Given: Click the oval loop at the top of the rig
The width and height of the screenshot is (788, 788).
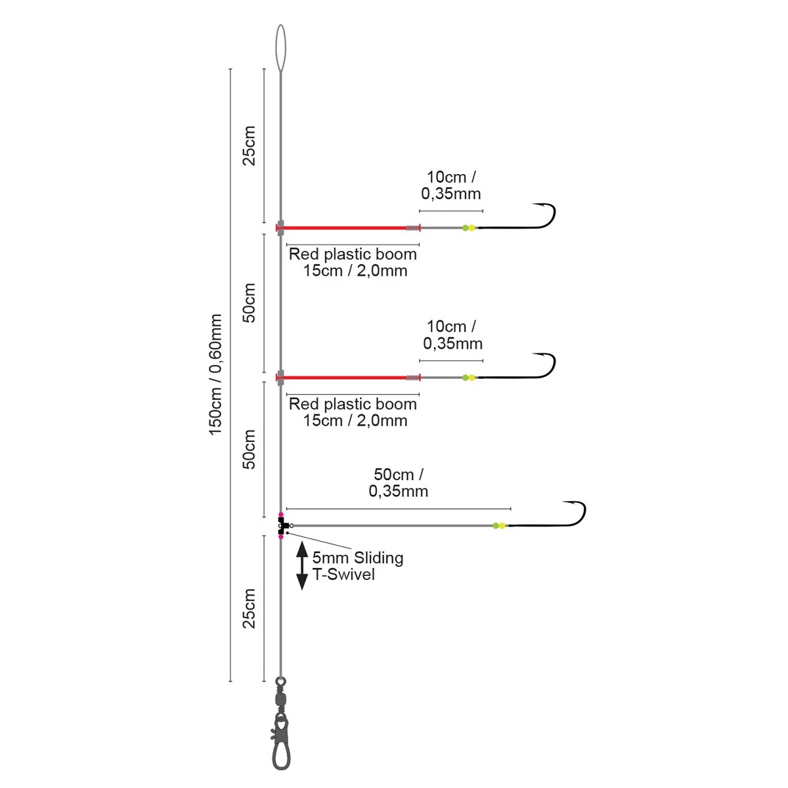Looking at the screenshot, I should (x=281, y=49).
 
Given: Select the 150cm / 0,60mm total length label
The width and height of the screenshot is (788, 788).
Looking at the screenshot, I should (x=216, y=374).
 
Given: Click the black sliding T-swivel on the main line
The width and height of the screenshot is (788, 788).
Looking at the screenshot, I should (x=282, y=525).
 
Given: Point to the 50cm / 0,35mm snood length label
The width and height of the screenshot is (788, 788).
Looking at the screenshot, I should (x=399, y=483).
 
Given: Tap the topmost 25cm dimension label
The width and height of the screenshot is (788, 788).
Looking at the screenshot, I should (x=250, y=146).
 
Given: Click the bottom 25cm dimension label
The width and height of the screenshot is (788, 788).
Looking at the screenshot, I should (x=250, y=609).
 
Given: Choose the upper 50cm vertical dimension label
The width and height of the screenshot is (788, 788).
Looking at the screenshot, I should (x=250, y=303).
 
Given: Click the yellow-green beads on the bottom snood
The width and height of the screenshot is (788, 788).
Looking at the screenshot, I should (x=499, y=525).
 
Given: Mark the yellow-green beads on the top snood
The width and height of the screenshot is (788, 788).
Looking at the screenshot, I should (x=468, y=228).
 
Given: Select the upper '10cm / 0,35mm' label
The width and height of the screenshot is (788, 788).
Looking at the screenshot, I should (x=452, y=185).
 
